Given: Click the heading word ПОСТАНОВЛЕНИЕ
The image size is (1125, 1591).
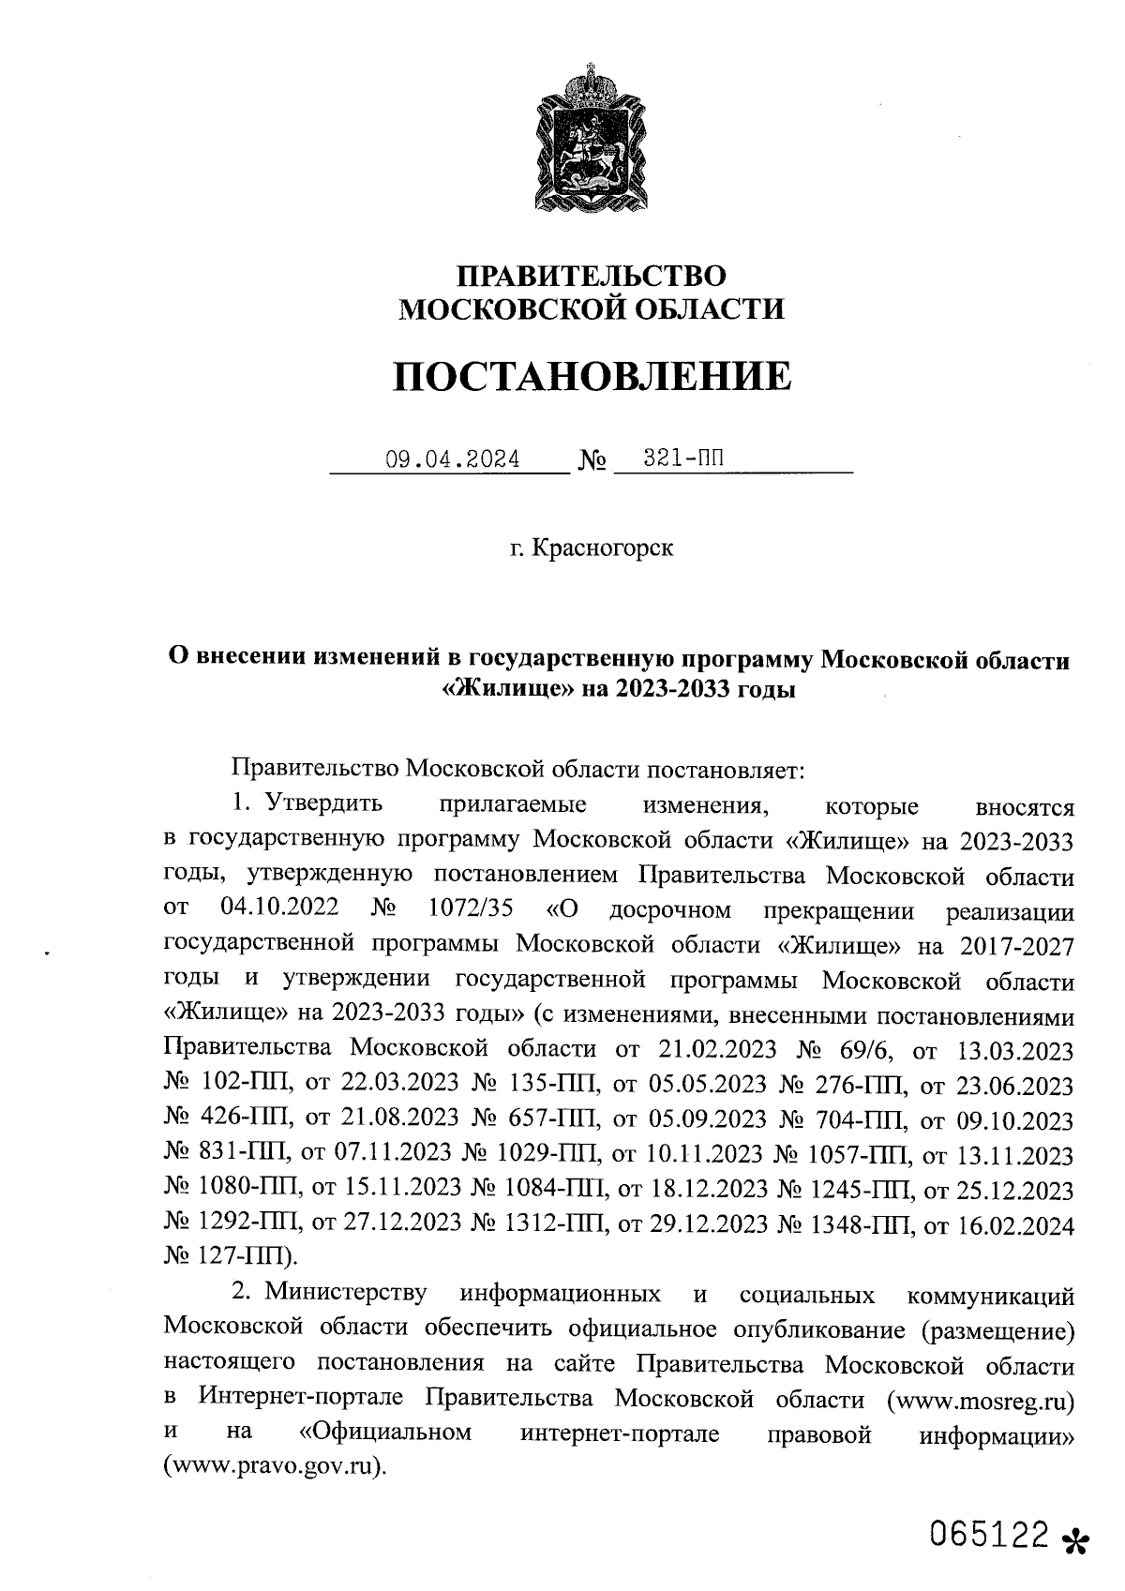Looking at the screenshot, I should click(x=592, y=376).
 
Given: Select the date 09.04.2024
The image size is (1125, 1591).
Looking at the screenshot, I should click(x=453, y=460).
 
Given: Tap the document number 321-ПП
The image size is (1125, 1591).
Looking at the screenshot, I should click(x=684, y=459).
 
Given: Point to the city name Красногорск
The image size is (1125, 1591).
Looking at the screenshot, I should click(x=603, y=548).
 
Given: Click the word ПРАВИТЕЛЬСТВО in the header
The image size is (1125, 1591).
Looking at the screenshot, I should click(x=591, y=275).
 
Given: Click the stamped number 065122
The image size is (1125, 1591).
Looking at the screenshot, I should click(x=989, y=1536).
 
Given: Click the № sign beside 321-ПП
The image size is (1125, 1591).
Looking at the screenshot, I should click(x=592, y=460).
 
